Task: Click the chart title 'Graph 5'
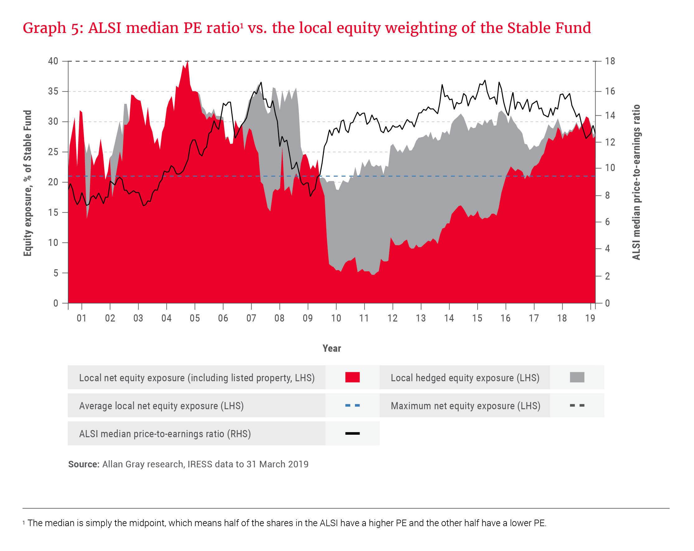pyautogui.click(x=53, y=28)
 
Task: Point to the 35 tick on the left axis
pyautogui.click(x=53, y=91)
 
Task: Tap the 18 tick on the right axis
pyautogui.click(x=610, y=61)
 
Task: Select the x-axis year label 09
pyautogui.click(x=308, y=318)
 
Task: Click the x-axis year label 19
pyautogui.click(x=590, y=318)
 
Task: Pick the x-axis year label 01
pyautogui.click(x=82, y=318)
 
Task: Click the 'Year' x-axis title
pyautogui.click(x=332, y=348)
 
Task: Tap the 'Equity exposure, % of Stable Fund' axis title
pyautogui.click(x=28, y=183)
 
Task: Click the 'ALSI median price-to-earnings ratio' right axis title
pyautogui.click(x=636, y=182)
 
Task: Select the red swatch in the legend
pyautogui.click(x=352, y=377)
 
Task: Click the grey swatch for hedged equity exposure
pyautogui.click(x=577, y=377)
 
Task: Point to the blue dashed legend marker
pyautogui.click(x=352, y=405)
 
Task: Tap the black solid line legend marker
pyautogui.click(x=352, y=433)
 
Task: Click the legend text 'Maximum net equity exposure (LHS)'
pyautogui.click(x=465, y=406)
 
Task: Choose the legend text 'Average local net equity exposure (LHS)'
pyautogui.click(x=161, y=406)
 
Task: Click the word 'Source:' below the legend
pyautogui.click(x=84, y=464)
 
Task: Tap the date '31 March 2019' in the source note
pyautogui.click(x=277, y=464)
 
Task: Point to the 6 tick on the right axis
pyautogui.click(x=607, y=222)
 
